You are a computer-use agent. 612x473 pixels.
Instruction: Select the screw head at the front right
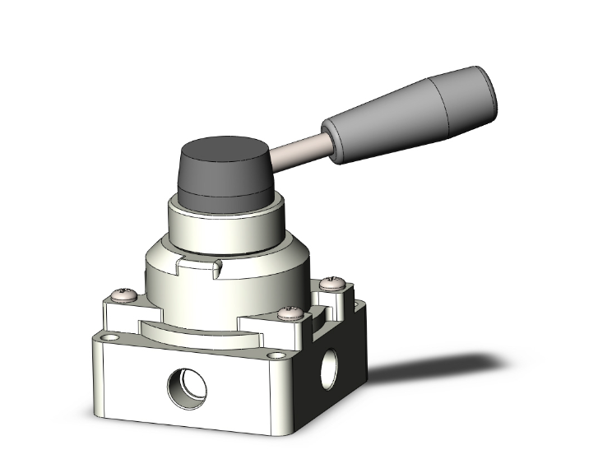tap(286, 313)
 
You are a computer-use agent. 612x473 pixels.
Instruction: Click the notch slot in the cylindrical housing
tap(198, 265)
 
